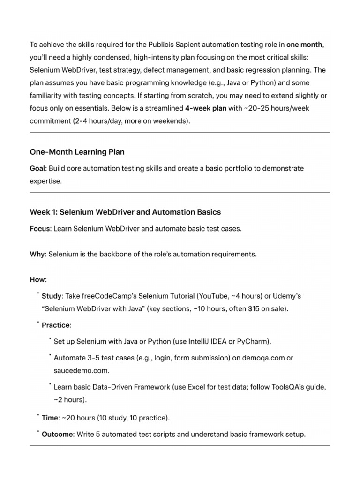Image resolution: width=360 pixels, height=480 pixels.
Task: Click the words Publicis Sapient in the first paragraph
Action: point(162,45)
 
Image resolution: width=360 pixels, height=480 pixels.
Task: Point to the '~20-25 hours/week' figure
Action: point(267,108)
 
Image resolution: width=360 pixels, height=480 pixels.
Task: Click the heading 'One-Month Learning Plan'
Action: point(77,152)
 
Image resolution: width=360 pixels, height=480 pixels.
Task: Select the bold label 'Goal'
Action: point(37,168)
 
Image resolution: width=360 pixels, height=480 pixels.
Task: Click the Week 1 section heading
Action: point(125,212)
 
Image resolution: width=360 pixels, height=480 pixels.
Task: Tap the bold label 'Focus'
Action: point(40,229)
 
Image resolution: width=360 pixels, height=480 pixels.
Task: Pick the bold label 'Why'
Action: point(37,255)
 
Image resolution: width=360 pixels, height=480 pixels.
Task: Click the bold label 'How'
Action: point(37,280)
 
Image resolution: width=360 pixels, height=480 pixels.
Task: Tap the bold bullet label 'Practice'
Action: point(56,325)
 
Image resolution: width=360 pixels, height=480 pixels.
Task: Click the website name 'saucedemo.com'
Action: point(81,370)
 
